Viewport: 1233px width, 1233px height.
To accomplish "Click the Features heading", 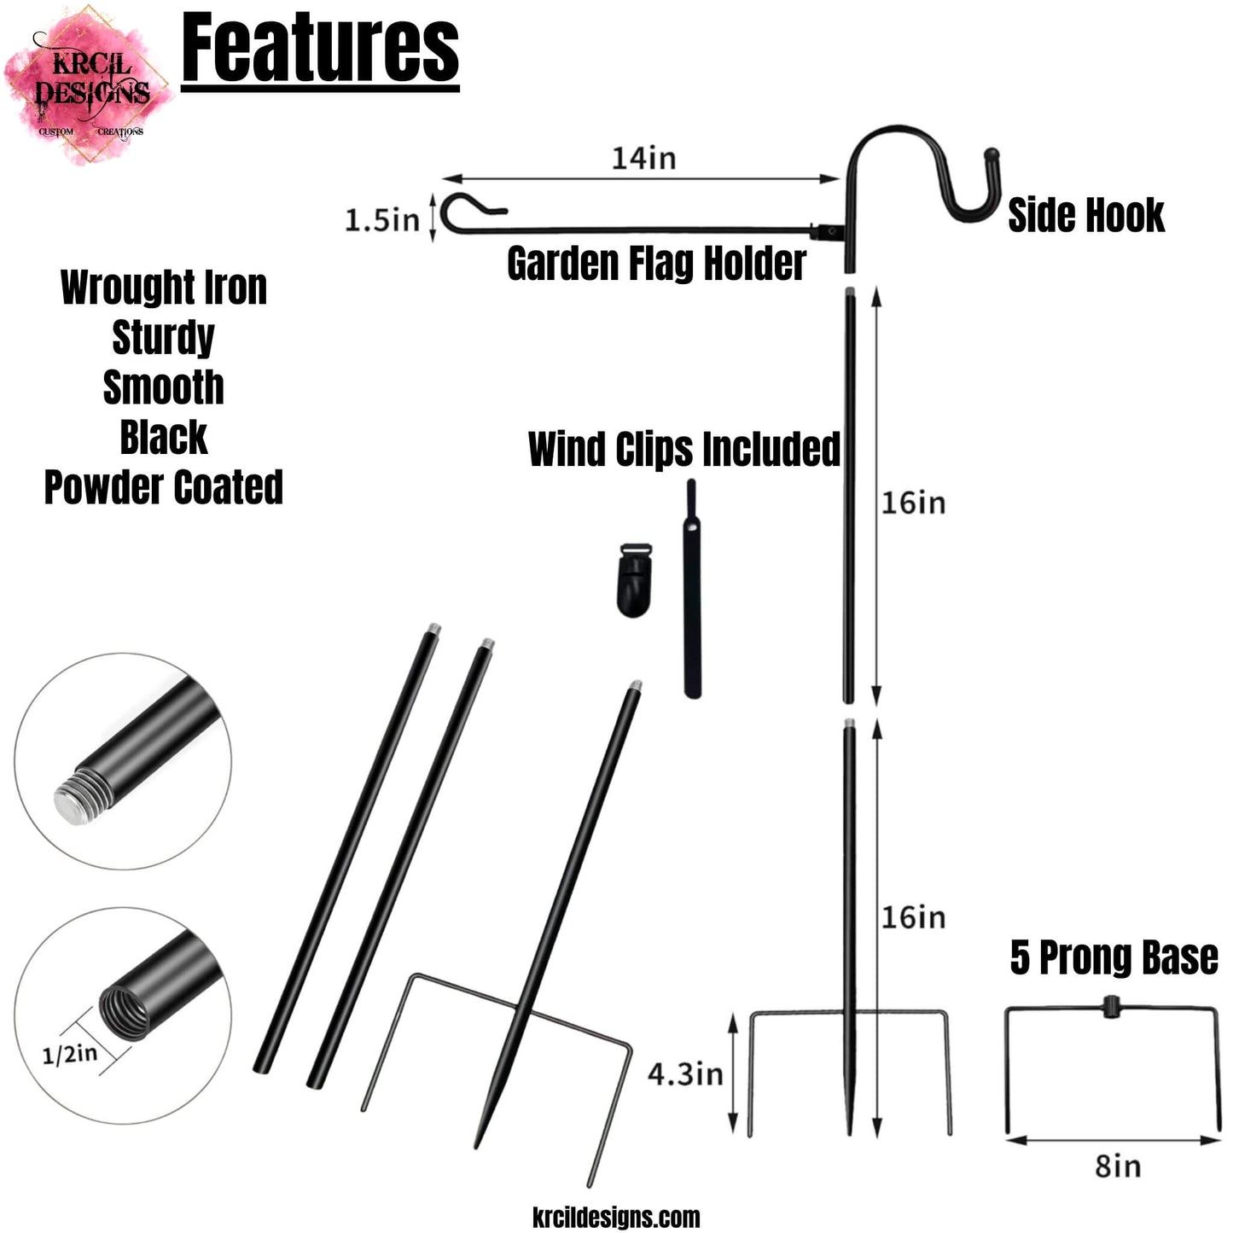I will [x=321, y=49].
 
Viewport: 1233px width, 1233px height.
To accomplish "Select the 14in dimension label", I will [x=643, y=158].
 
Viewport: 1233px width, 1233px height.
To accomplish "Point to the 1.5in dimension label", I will [x=381, y=220].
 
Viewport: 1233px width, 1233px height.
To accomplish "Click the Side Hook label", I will [x=1085, y=215].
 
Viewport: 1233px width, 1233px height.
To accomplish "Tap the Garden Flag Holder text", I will [x=656, y=263].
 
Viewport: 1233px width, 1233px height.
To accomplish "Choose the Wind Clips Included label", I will [x=684, y=450].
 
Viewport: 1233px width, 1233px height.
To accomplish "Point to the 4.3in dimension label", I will [x=685, y=1073].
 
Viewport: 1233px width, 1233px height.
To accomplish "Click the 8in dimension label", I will [x=1118, y=1166].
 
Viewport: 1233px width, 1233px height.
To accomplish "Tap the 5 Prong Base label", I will [x=1114, y=957].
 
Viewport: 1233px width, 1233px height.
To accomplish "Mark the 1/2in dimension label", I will [x=70, y=1055].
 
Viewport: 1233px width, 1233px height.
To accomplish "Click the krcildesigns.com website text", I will [x=616, y=1217].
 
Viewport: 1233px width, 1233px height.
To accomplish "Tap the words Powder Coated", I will [x=164, y=487].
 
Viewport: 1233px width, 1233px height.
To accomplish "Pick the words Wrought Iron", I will [x=164, y=288].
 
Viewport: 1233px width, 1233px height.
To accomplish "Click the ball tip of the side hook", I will [x=992, y=156].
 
